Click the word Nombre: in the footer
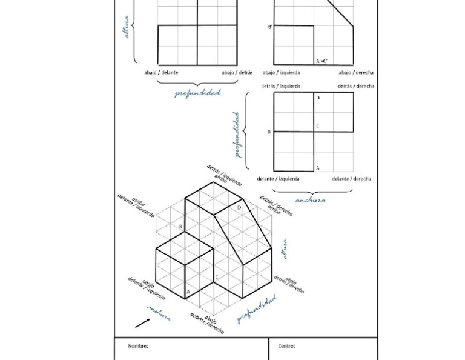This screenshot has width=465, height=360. tap(138, 346)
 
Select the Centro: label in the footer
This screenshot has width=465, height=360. tap(286, 346)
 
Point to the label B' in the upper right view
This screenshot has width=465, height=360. tap(270, 27)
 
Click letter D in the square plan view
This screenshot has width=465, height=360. tap(318, 98)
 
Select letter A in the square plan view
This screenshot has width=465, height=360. tap(318, 167)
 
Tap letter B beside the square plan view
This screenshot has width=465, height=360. tap(269, 132)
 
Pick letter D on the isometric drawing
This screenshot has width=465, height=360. tap(239, 207)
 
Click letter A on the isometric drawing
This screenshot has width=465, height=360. tap(188, 292)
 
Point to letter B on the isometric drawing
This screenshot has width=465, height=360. tap(180, 227)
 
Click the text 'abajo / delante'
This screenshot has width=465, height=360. tap(162, 72)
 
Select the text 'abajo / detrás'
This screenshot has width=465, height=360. tap(237, 72)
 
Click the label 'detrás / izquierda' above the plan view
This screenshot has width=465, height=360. tap(280, 86)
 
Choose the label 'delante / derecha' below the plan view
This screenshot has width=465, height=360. tap(351, 179)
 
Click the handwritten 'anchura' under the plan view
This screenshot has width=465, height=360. tap(310, 200)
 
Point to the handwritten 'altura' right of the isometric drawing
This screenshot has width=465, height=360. tap(285, 248)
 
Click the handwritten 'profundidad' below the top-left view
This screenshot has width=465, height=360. tap(197, 93)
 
